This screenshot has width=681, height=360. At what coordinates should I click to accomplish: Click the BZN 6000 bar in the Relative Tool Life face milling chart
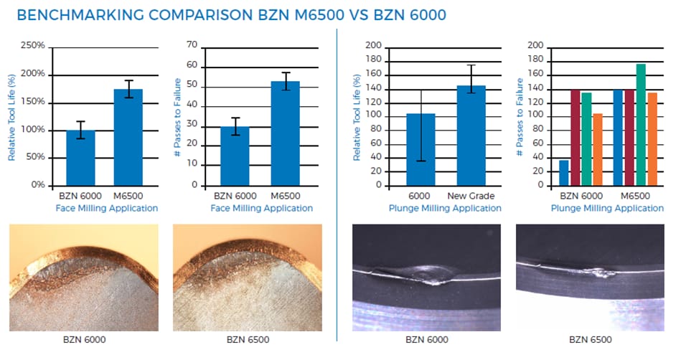point(80,158)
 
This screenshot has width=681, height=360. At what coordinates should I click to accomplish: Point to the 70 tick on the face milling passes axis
point(192,45)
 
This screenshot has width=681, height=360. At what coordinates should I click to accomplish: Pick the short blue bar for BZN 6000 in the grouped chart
point(563,173)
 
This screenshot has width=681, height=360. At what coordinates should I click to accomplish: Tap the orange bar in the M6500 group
point(652,139)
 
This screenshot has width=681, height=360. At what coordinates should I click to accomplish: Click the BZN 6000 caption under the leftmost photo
point(82,339)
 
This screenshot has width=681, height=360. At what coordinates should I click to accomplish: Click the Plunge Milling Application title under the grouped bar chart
point(607,208)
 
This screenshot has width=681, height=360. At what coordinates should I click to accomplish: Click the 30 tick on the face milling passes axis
point(192,127)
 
